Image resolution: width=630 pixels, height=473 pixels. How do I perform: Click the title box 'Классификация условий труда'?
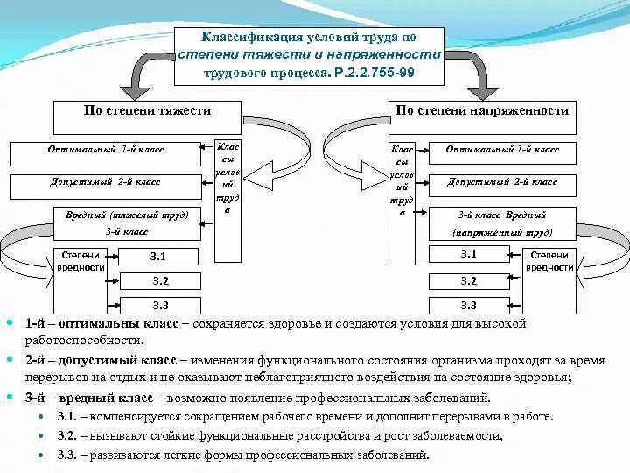point(309,55)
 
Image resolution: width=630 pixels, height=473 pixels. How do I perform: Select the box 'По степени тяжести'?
point(147,111)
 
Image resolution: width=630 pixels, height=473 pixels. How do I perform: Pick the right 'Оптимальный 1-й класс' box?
point(502,151)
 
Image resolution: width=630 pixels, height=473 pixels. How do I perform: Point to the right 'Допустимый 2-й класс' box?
point(502,184)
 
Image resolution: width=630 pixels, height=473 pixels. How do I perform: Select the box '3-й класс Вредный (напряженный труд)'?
point(502,222)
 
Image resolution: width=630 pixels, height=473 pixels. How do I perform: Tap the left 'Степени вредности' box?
point(81,262)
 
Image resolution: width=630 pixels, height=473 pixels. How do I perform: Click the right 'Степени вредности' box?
point(549,262)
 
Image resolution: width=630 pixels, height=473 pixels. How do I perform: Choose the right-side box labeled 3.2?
point(468,281)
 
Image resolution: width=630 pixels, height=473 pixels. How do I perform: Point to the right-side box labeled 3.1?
point(468,255)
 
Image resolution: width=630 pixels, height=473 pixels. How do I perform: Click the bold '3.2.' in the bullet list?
point(70,435)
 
